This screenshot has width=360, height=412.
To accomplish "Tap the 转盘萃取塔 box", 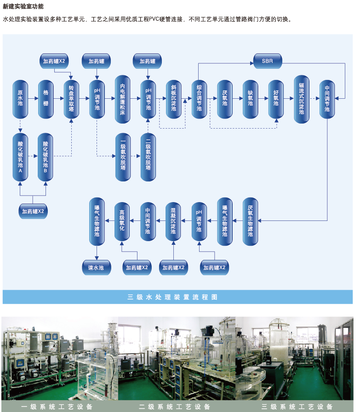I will point(71,99).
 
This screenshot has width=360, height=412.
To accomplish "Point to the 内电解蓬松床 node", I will point(122,99).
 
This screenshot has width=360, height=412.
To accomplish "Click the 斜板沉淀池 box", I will point(173,99).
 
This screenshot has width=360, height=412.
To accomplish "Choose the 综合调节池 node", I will point(199,99).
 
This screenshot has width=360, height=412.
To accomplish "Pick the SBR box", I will point(267,61).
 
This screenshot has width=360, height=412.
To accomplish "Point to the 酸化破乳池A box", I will point(20,156).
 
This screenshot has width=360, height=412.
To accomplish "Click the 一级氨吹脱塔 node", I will point(123,156).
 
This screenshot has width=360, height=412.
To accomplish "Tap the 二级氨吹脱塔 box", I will point(148,156).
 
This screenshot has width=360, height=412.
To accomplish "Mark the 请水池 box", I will point(97,267).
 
